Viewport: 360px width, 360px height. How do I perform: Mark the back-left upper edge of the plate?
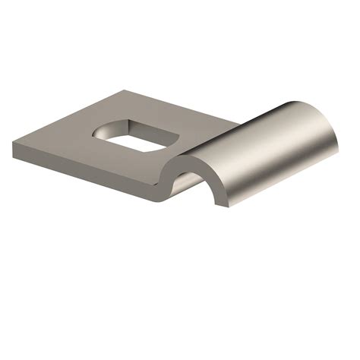(x=68, y=114)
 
